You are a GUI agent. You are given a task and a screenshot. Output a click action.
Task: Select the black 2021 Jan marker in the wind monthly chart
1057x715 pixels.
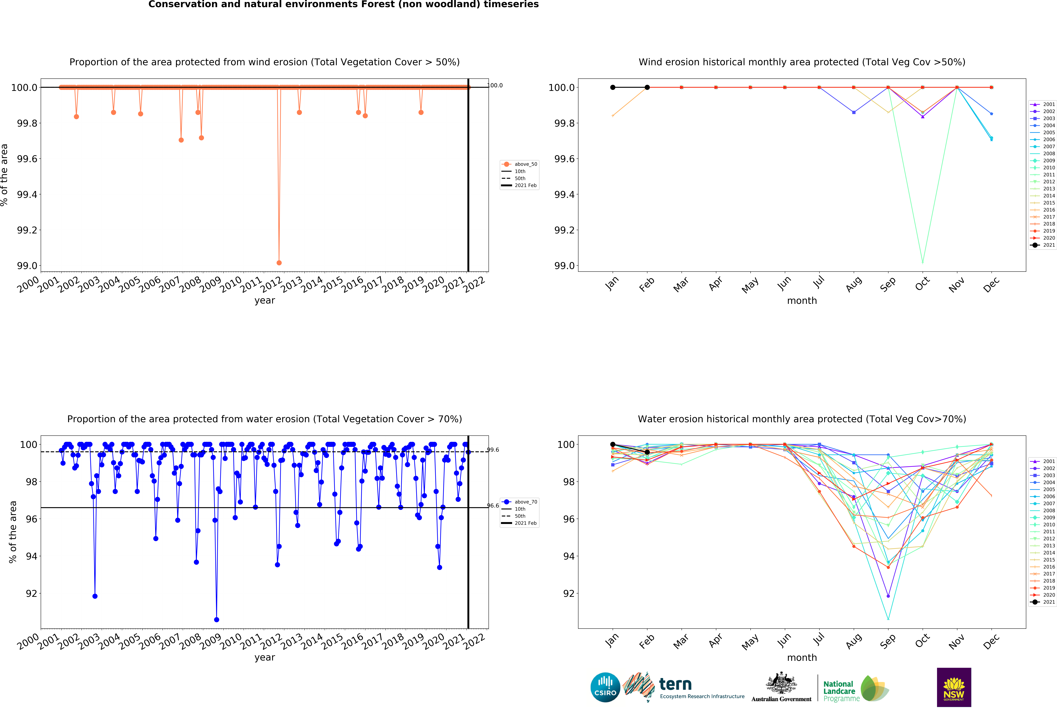tap(613, 87)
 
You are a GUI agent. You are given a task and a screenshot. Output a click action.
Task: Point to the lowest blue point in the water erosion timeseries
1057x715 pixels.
tap(216, 619)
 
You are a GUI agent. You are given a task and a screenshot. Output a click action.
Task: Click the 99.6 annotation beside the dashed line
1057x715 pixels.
tap(493, 450)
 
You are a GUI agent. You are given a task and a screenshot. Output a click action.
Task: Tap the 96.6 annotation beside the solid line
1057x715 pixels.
tap(493, 505)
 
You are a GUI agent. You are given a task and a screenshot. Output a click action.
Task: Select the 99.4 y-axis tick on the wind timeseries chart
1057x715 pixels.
tap(27, 194)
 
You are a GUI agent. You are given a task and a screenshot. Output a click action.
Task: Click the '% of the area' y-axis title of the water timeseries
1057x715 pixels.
tap(13, 532)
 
